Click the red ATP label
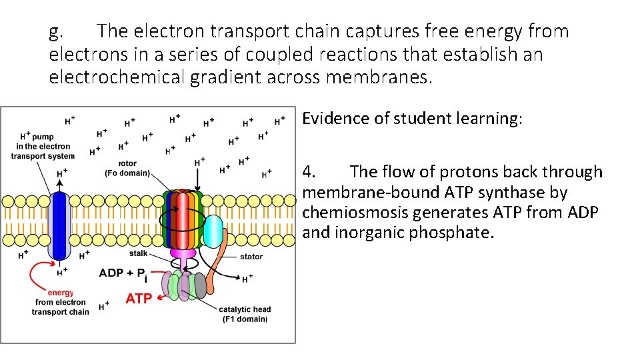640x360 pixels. [x=139, y=299]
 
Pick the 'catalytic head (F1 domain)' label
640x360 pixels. [x=245, y=314]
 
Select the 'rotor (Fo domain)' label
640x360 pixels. [x=127, y=169]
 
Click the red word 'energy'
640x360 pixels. [x=60, y=293]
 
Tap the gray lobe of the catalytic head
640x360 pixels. [x=199, y=285]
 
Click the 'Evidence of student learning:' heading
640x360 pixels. [x=413, y=119]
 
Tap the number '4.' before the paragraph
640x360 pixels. [x=309, y=172]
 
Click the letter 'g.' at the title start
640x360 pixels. [x=57, y=31]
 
